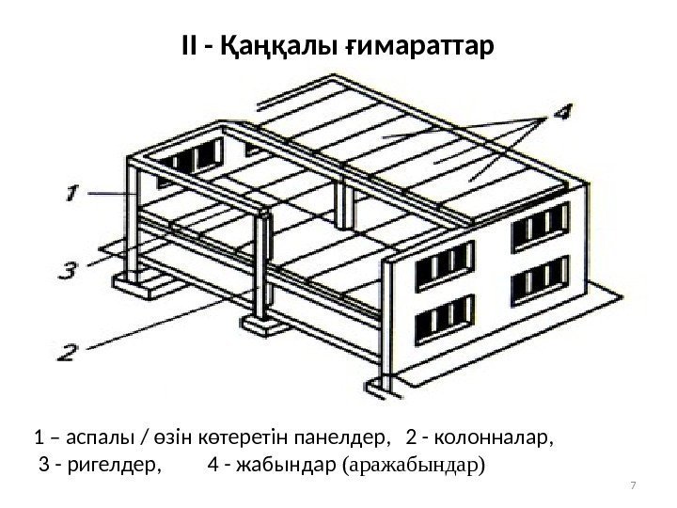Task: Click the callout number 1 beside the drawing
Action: pos(72,193)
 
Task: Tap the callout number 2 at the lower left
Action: pos(66,352)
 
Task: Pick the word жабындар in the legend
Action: pos(292,464)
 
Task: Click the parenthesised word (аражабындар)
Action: pos(417,464)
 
